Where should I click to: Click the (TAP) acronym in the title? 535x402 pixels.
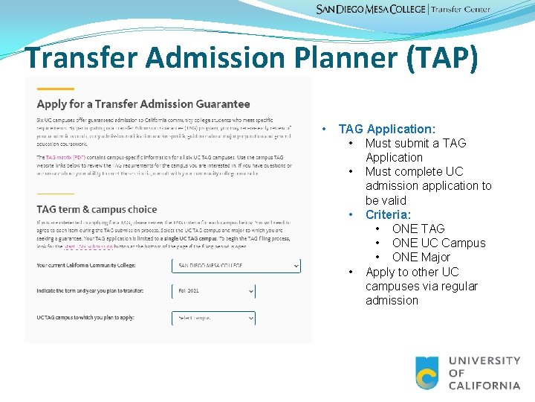[x=442, y=59]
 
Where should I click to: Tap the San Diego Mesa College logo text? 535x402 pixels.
[x=371, y=9]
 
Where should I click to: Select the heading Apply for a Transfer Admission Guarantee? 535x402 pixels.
[x=143, y=103]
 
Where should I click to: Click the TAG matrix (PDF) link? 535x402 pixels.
[x=65, y=158]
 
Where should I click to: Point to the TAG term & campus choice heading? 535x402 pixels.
[x=97, y=209]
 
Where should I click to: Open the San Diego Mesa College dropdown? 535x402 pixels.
[x=236, y=265]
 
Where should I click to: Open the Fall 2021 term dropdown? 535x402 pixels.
[x=213, y=292]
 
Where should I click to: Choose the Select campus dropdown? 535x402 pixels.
[x=213, y=318]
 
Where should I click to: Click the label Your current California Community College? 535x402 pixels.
[x=95, y=266]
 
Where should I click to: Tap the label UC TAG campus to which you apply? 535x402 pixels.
[x=86, y=318]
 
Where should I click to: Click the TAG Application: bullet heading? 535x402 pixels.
[x=386, y=129]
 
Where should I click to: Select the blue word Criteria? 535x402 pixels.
[x=388, y=214]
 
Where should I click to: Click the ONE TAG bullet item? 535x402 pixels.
[x=418, y=229]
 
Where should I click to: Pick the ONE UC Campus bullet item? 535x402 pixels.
[x=438, y=243]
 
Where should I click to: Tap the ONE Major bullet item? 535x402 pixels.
[x=421, y=257]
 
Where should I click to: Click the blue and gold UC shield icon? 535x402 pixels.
[x=427, y=373]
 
